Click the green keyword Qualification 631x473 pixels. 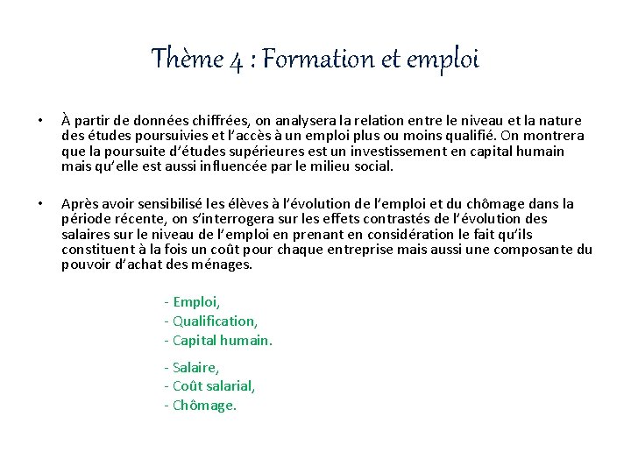point(215,321)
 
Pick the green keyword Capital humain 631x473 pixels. point(223,341)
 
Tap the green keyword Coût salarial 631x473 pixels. point(214,386)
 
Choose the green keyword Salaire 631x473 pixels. point(195,367)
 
